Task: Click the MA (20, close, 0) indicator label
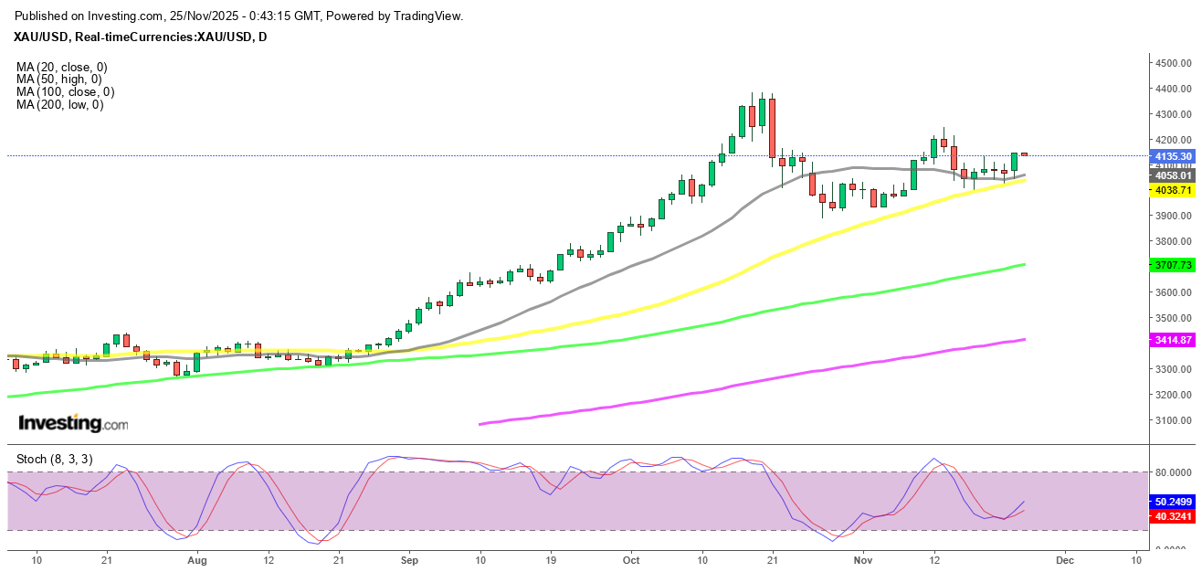[61, 67]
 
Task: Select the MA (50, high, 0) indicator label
[58, 79]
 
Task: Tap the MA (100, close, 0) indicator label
[65, 92]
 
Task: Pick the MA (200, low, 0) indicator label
[59, 105]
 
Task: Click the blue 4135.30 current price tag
[1173, 156]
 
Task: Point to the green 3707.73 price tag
[1173, 265]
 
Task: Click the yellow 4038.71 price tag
[1173, 190]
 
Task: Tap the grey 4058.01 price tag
[1173, 175]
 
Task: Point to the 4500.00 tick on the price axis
[1173, 63]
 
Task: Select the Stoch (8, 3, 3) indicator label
[53, 459]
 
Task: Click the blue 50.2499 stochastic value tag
[1173, 502]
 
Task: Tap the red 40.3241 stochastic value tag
[1173, 516]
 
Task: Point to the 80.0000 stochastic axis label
[1173, 472]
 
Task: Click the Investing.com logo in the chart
[73, 424]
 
